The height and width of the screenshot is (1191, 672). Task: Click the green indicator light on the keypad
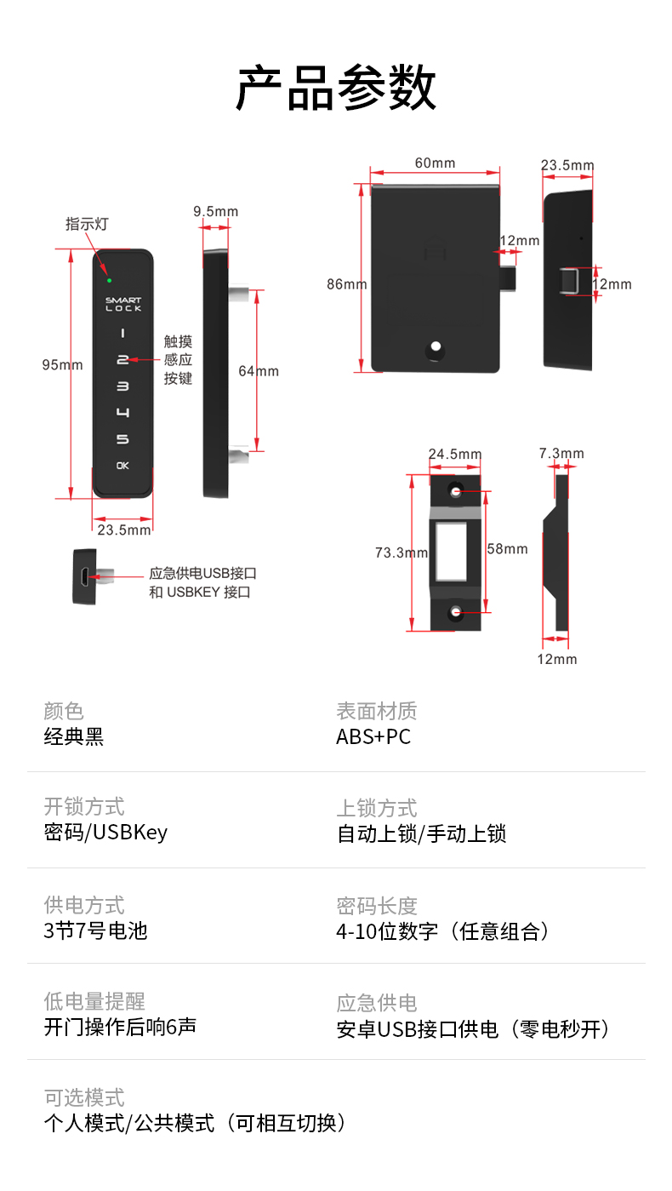[109, 279]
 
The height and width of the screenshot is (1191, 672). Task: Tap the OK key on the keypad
[122, 466]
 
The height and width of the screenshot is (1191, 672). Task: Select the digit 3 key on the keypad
[122, 387]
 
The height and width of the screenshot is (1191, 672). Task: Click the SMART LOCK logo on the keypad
[123, 304]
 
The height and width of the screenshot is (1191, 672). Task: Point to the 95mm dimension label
[63, 364]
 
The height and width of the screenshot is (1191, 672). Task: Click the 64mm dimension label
[259, 371]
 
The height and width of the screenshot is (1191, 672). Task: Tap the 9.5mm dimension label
[215, 211]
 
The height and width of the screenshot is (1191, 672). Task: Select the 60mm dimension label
[435, 163]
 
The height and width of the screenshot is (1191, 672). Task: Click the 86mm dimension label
[346, 284]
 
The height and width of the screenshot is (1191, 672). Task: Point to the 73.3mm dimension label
[401, 553]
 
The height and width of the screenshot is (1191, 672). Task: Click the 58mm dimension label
[507, 549]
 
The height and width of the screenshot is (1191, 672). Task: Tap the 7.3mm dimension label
[561, 454]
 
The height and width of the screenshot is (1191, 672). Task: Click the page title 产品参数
[336, 88]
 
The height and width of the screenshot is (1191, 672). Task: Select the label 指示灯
[87, 224]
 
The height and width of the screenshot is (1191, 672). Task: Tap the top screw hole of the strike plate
[456, 492]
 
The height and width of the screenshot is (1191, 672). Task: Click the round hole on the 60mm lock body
[436, 348]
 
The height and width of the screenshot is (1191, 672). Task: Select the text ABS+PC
[373, 736]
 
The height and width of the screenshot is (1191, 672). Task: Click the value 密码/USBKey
[105, 832]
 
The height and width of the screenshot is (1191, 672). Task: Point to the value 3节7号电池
[95, 930]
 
